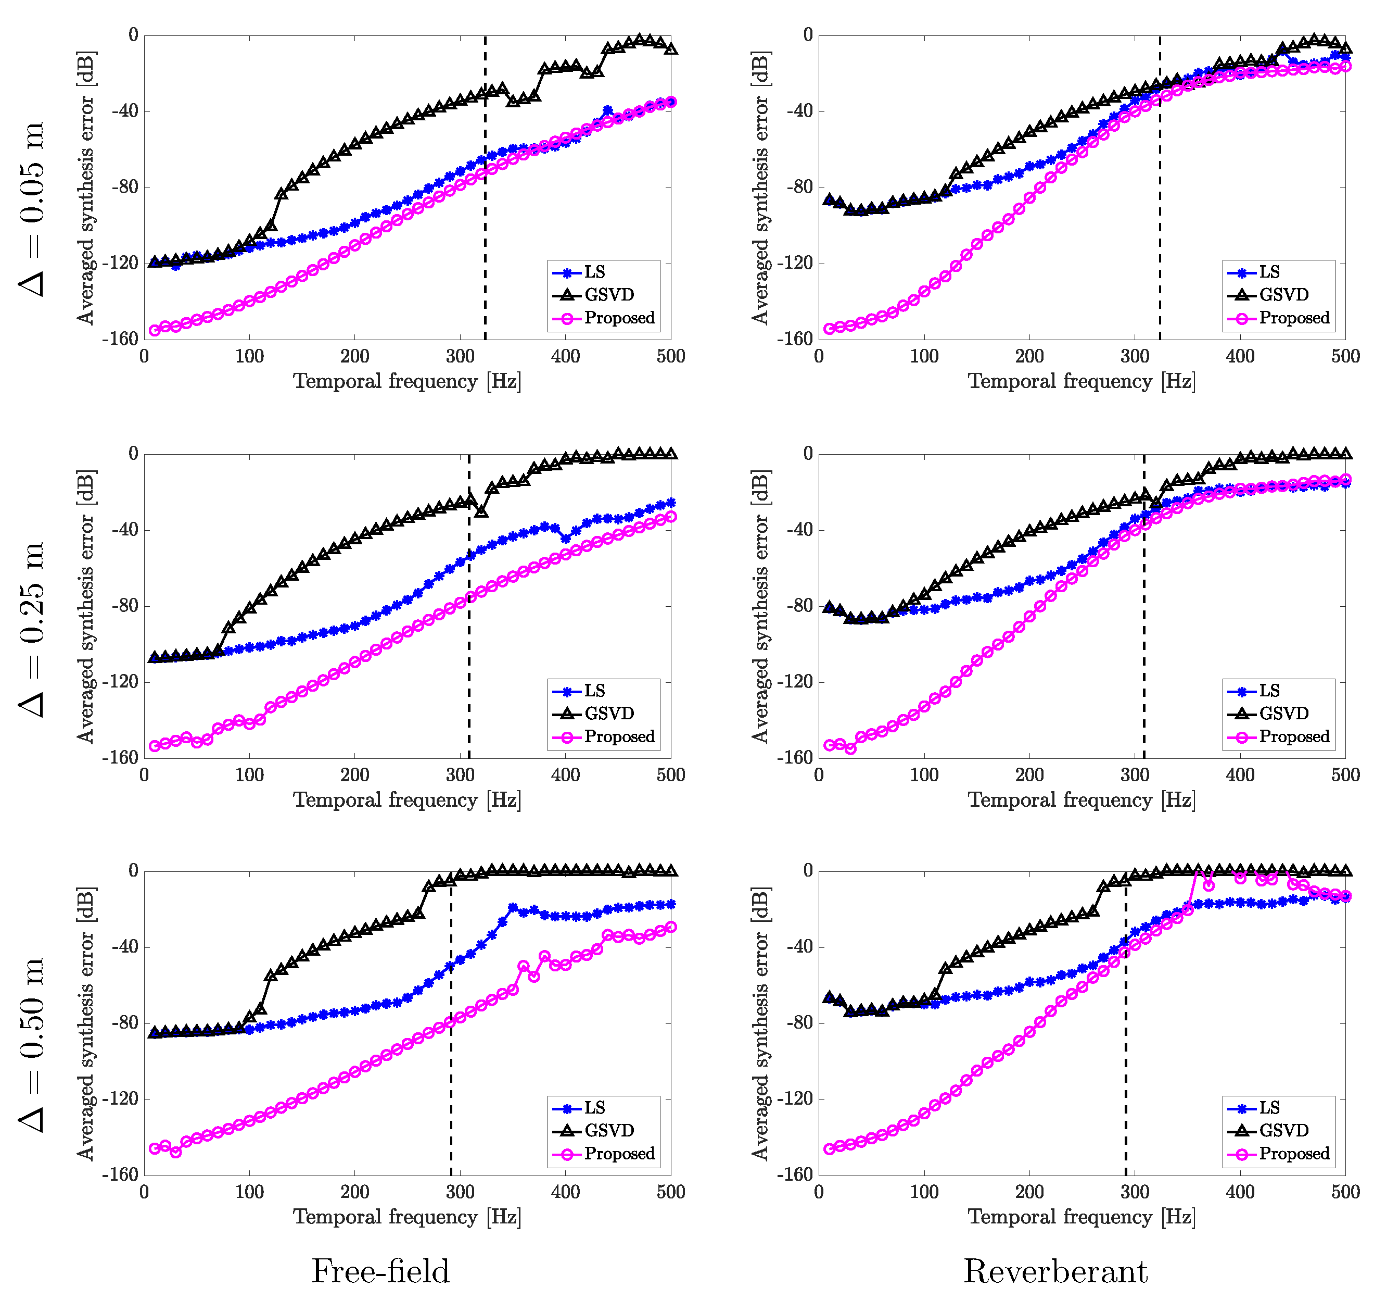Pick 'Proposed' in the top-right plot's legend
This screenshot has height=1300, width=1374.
click(x=1294, y=318)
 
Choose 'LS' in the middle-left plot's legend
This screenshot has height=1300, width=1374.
click(x=595, y=691)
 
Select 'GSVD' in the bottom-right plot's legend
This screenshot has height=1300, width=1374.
click(x=1284, y=1131)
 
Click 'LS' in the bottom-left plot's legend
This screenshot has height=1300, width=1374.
click(x=595, y=1108)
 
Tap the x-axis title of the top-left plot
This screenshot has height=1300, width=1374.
click(x=407, y=382)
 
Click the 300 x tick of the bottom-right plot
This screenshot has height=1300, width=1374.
click(x=1135, y=1193)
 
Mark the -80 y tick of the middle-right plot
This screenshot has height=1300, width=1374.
click(x=800, y=606)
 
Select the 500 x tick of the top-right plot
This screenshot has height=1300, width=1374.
click(x=1345, y=357)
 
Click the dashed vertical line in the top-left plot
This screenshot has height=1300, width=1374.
click(x=485, y=187)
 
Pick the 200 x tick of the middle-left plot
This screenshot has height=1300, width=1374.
click(x=354, y=776)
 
